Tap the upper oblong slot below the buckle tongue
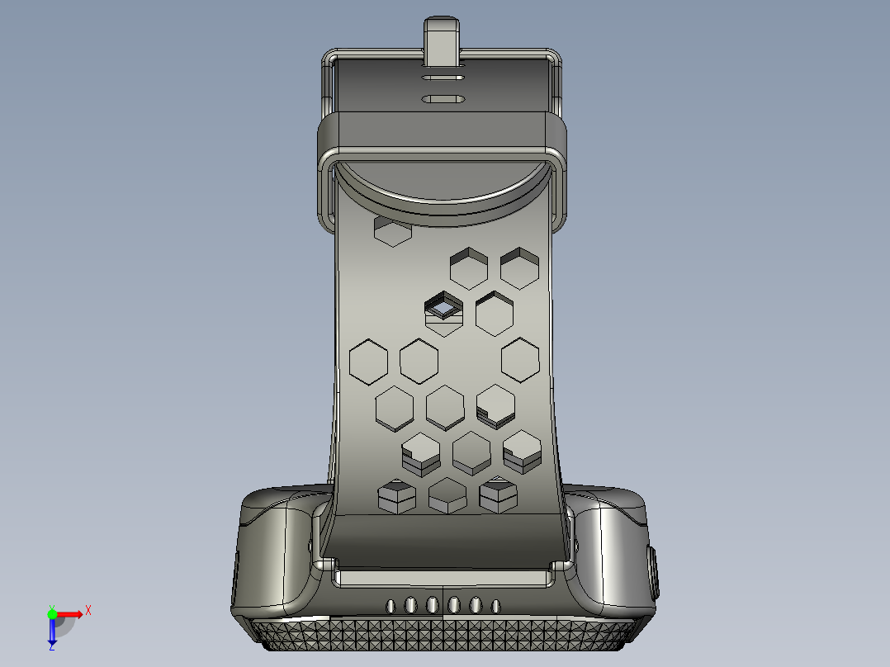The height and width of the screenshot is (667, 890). [x=443, y=79]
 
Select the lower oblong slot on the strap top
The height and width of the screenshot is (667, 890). [x=443, y=100]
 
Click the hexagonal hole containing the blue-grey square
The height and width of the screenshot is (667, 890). [x=443, y=311]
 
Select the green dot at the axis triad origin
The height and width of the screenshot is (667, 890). [x=52, y=613]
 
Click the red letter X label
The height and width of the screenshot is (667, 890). [x=88, y=610]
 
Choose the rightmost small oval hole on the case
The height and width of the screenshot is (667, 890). [x=495, y=606]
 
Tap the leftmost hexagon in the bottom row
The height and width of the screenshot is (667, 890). [x=395, y=496]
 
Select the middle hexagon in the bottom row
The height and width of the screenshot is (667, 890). [x=447, y=495]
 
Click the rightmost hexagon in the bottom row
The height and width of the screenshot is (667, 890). [x=499, y=495]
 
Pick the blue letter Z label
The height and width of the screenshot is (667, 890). [x=51, y=647]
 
